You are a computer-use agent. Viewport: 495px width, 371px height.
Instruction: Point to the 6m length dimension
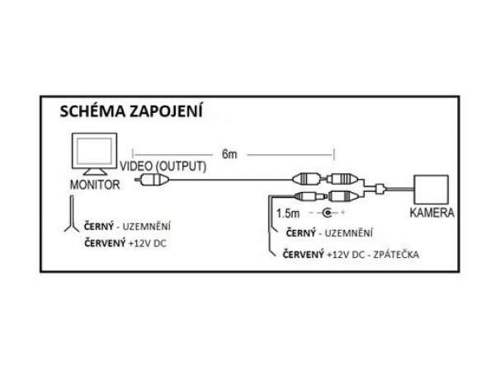point(231,153)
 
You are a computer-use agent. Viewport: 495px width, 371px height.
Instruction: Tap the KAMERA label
point(431,213)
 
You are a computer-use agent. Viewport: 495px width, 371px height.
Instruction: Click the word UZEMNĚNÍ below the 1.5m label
point(347,234)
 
